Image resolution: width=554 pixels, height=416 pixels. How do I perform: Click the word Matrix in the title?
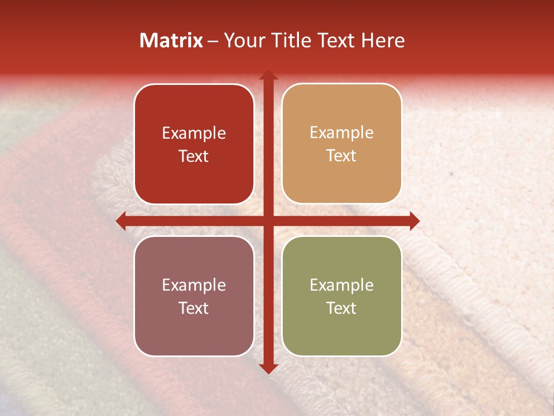point(171,40)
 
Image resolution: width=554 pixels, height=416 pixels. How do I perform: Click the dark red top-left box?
point(194,144)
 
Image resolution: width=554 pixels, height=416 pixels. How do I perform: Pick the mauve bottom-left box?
point(194,296)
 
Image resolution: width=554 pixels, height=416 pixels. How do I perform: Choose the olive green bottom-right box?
point(342,296)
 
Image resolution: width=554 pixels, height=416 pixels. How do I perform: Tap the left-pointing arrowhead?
point(121,220)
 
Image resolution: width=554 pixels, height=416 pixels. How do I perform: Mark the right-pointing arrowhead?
point(414,220)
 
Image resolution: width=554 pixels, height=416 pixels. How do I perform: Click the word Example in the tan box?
point(342,132)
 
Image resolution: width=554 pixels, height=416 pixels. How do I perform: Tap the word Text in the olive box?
point(342,308)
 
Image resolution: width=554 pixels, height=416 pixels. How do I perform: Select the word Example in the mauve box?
point(194,285)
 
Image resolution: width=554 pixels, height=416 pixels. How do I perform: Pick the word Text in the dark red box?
point(194,156)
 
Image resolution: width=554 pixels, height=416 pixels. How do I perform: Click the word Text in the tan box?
point(342,155)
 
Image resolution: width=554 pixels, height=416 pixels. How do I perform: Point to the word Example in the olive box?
point(342,285)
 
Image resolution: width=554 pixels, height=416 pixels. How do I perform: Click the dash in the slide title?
point(213,41)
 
